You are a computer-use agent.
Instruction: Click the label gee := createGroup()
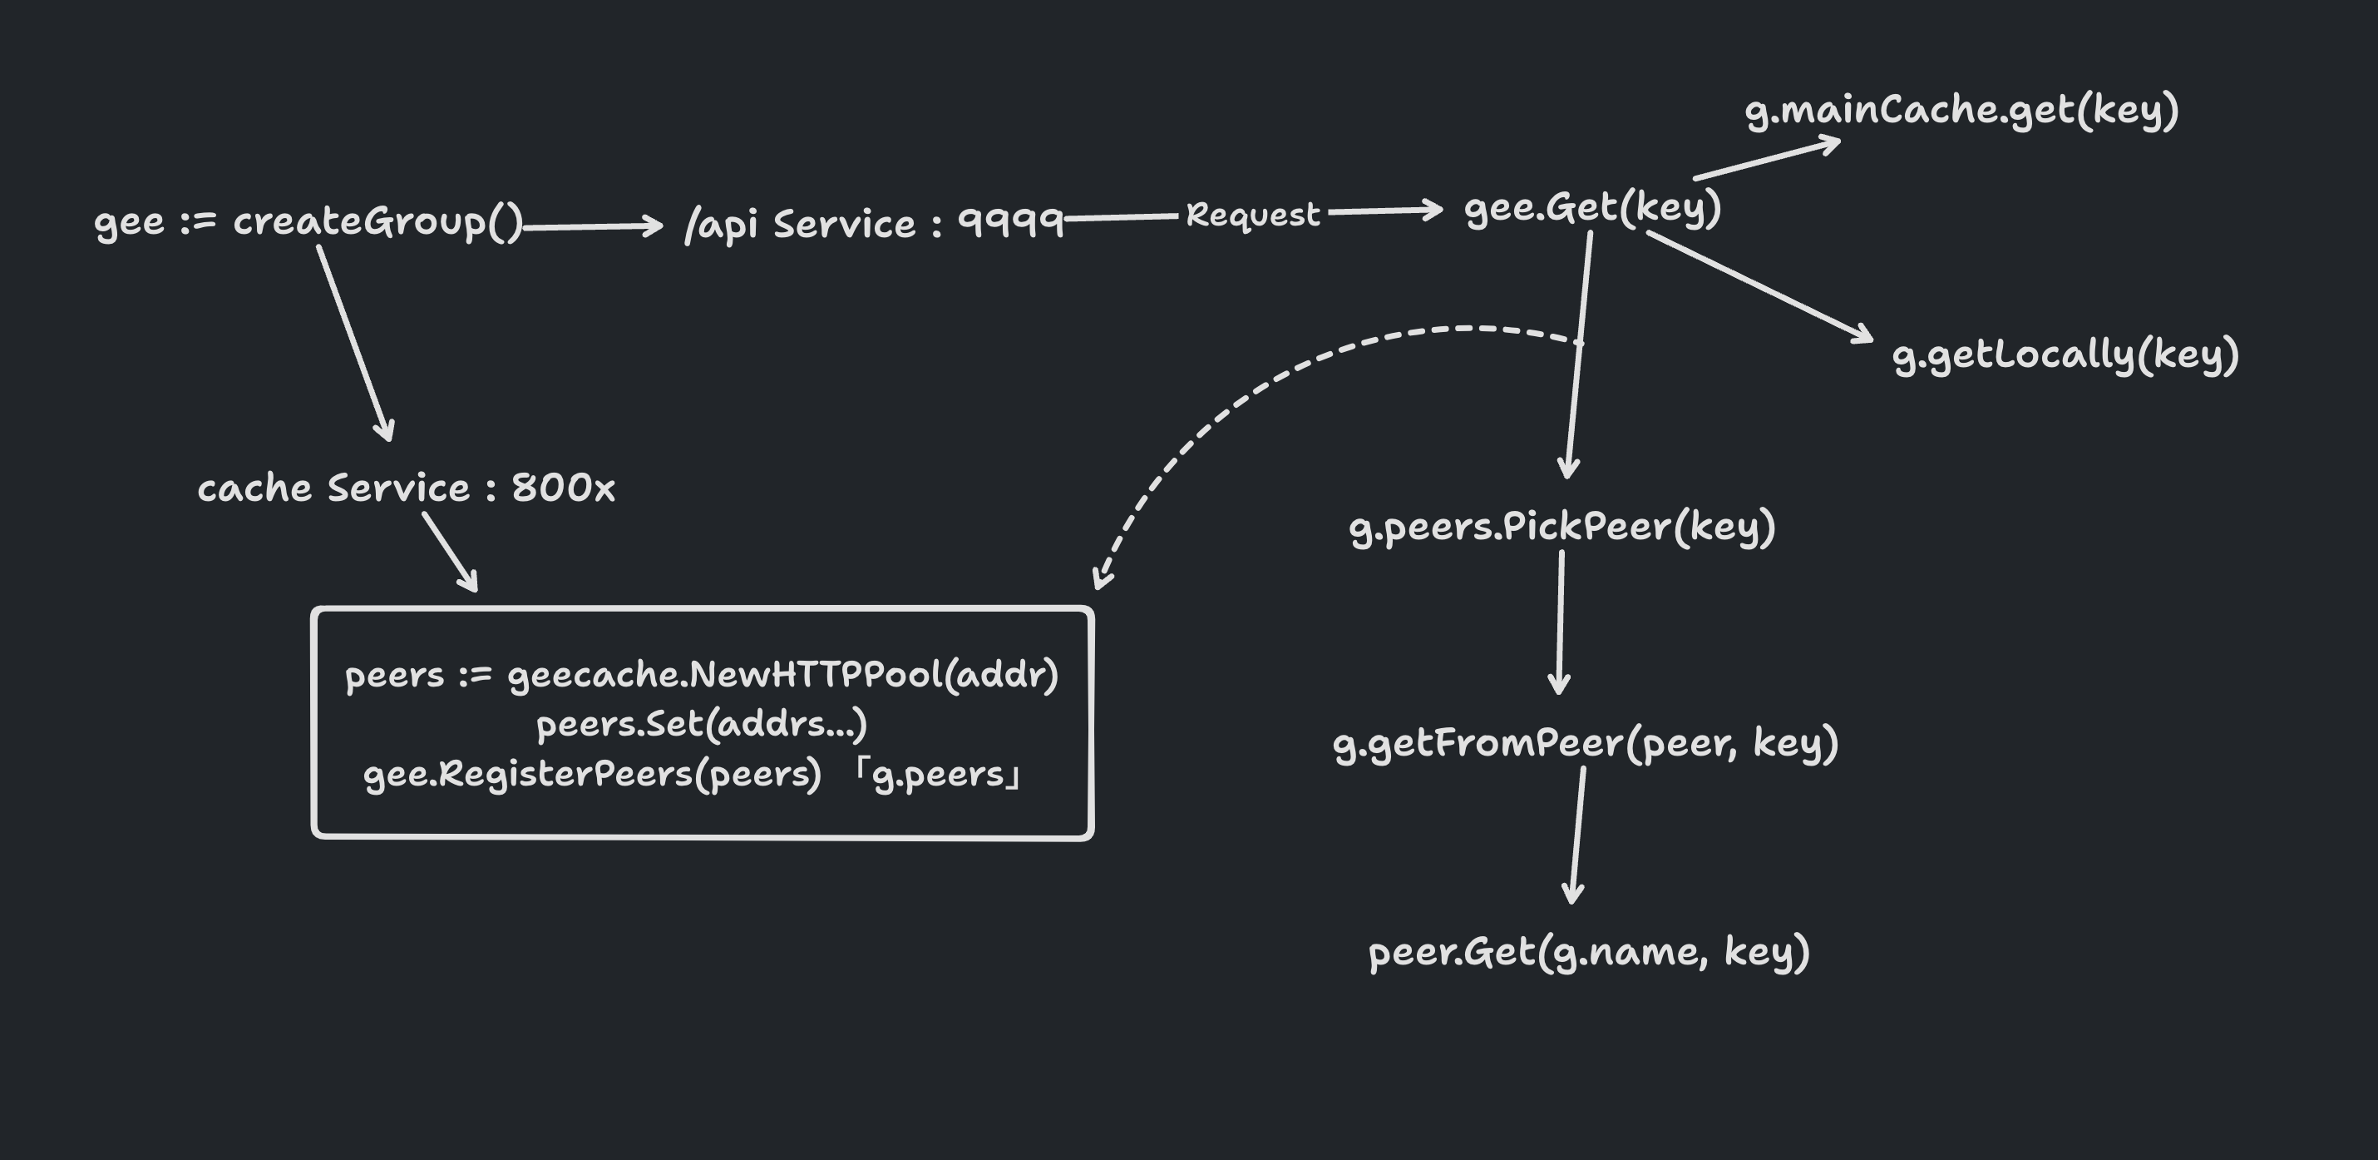308,222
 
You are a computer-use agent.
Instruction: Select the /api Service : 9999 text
873,224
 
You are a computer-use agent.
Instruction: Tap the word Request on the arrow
1253,214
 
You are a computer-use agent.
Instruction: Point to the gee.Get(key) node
1592,209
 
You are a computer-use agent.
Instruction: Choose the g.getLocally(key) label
2065,355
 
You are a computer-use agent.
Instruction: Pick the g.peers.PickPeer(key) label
1562,528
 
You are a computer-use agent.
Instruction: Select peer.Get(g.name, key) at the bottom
1588,952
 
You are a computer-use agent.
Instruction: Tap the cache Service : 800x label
407,488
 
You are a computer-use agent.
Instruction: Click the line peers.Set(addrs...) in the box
702,725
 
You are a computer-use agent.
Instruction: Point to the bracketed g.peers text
938,774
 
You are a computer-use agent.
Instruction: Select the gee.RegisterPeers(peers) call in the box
592,774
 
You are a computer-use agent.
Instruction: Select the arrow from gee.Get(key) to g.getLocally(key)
1759,286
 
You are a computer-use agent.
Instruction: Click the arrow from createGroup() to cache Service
354,342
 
